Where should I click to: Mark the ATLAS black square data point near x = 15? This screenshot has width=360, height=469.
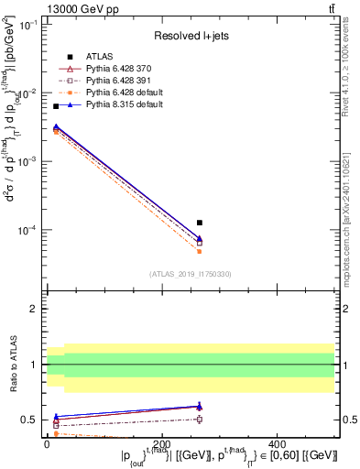[56, 107]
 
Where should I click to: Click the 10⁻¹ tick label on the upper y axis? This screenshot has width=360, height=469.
[27, 26]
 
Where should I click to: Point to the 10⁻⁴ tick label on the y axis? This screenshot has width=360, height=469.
[27, 230]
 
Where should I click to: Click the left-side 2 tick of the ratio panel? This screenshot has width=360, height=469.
[34, 309]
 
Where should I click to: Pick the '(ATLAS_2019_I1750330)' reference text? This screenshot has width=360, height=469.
[191, 273]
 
